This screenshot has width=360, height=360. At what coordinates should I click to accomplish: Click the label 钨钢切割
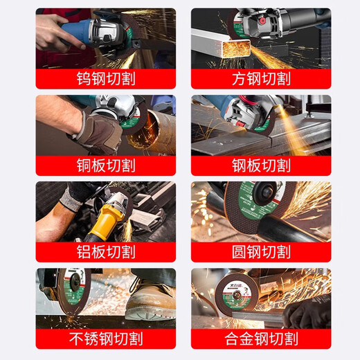(105, 78)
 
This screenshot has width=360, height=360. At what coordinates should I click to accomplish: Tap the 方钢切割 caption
(261, 78)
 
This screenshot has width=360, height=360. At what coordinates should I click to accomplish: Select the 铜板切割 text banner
(105, 165)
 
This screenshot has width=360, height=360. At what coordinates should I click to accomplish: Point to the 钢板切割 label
(261, 165)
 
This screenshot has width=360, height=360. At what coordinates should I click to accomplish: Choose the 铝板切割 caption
(105, 251)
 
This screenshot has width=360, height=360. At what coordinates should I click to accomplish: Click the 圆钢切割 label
(261, 251)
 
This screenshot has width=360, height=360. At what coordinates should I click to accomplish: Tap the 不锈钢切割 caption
(105, 339)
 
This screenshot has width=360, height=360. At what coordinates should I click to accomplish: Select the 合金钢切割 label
(261, 339)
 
